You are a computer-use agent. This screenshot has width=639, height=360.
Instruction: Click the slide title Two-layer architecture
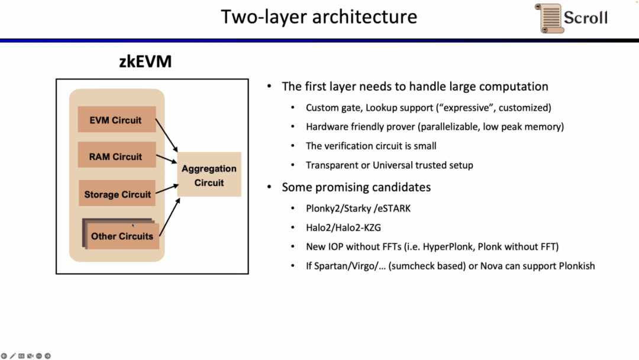pyautogui.click(x=319, y=17)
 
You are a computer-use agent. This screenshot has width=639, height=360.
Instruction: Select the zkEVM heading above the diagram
pyautogui.click(x=145, y=61)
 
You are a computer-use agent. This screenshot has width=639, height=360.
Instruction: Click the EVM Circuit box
pyautogui.click(x=117, y=120)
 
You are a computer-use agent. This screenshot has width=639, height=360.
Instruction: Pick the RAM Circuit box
pyautogui.click(x=117, y=157)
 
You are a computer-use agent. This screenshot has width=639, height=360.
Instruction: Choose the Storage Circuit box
pyautogui.click(x=117, y=194)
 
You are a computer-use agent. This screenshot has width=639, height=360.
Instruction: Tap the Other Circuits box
pyautogui.click(x=121, y=236)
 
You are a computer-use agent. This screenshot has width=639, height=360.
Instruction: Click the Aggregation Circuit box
pyautogui.click(x=209, y=175)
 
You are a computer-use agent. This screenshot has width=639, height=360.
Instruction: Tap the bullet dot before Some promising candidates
pyautogui.click(x=269, y=188)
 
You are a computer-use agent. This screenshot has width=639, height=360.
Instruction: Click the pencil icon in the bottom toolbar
pyautogui.click(x=12, y=356)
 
